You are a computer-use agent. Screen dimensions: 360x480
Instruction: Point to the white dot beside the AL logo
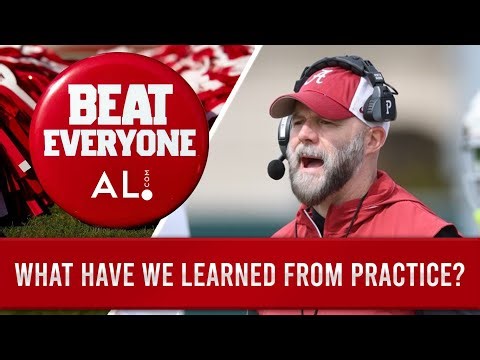click(x=146, y=193)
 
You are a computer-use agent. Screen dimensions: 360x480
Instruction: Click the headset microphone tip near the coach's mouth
click(x=276, y=169)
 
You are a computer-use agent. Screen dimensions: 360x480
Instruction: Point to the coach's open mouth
click(x=311, y=160)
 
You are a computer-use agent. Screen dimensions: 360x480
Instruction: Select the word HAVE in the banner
click(x=114, y=275)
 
